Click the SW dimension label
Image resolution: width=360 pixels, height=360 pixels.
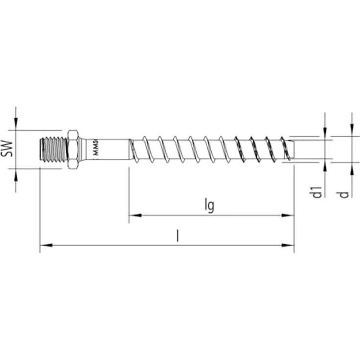(x=7, y=149)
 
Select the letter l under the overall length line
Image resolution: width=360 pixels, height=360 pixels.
(x=178, y=237)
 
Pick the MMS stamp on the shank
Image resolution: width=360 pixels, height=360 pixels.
(x=96, y=149)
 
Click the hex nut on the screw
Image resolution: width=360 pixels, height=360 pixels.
(x=73, y=149)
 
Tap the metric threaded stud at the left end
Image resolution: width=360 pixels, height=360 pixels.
(x=53, y=149)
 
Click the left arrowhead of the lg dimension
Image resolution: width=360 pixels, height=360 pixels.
(x=133, y=215)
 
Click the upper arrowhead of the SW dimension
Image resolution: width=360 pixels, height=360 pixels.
(x=16, y=126)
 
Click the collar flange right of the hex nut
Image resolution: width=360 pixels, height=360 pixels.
(x=83, y=149)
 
